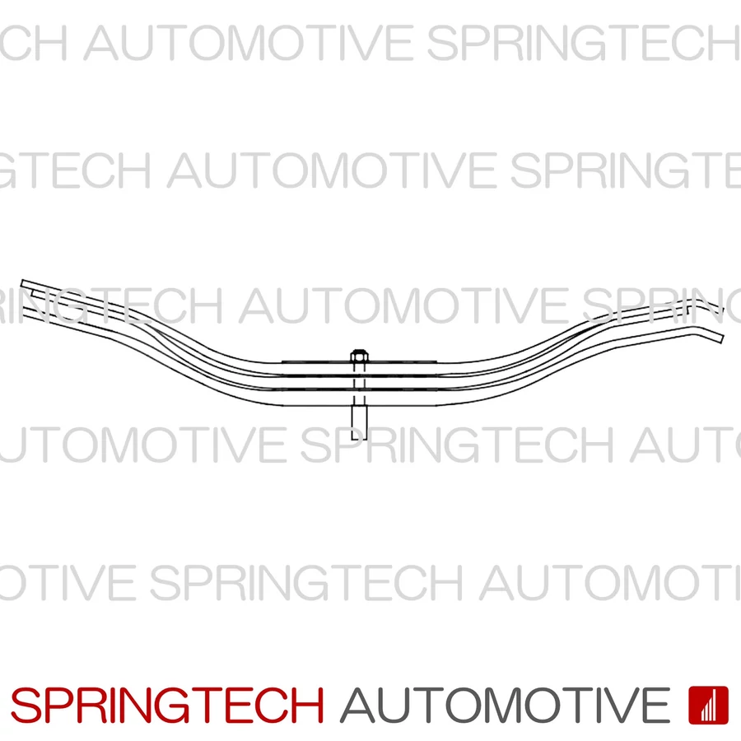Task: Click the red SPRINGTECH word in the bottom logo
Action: point(167,706)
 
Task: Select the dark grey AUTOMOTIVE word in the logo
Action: point(505,706)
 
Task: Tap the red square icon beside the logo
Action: point(708,705)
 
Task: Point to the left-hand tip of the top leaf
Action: point(23,284)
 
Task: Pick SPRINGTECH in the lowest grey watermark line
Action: point(305,582)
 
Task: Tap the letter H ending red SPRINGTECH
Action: point(308,706)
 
